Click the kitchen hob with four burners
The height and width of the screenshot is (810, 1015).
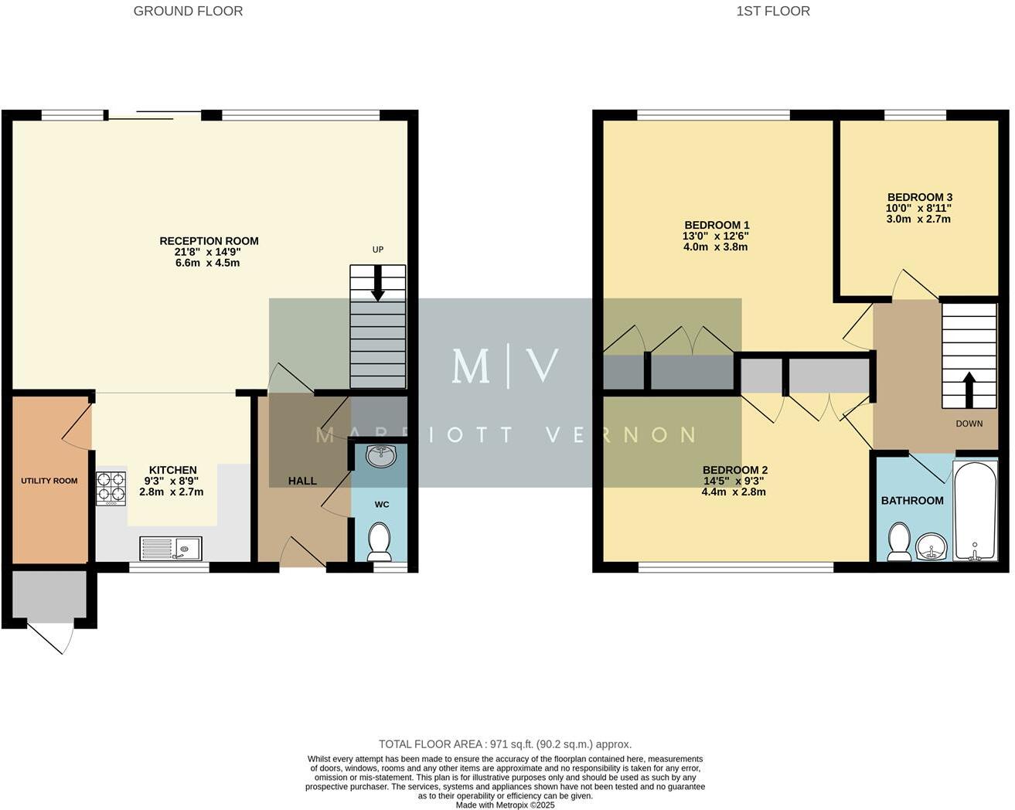click(111, 488)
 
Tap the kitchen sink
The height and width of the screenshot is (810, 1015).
click(170, 548)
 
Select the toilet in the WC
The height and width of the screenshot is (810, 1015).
click(379, 541)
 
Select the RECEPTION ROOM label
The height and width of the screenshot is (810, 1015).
click(209, 241)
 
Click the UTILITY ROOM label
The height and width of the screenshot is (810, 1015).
click(49, 481)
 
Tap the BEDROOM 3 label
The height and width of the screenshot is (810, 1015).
click(919, 197)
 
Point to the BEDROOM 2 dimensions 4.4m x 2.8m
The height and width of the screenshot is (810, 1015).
click(734, 492)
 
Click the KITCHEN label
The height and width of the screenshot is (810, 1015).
click(172, 470)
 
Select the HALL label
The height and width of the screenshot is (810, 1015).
click(302, 481)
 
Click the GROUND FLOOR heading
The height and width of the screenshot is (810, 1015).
click(188, 11)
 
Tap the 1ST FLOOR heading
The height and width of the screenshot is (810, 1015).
click(773, 11)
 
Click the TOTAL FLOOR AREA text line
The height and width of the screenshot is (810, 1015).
click(505, 744)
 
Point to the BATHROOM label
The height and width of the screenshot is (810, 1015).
click(912, 500)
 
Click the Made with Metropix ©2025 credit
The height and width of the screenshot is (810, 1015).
click(505, 805)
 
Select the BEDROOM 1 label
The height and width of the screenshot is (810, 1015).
click(716, 225)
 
